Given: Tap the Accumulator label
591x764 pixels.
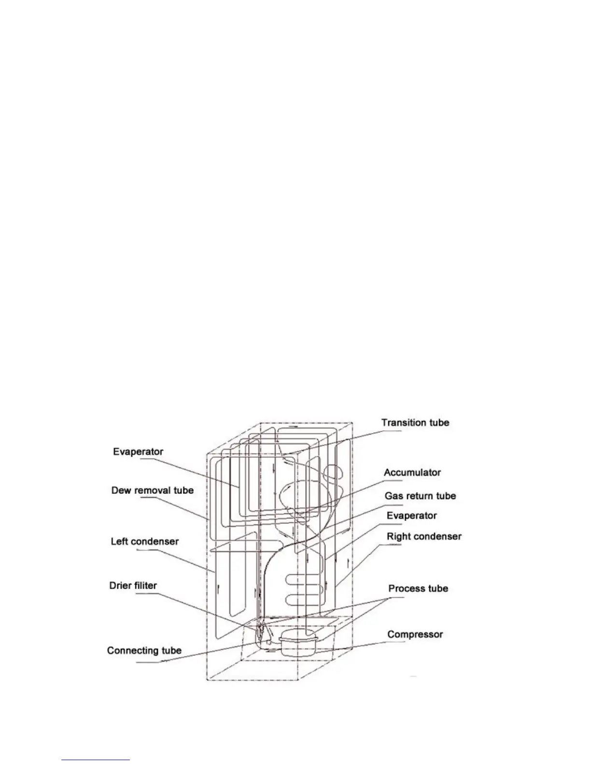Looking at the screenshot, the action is click(412, 473).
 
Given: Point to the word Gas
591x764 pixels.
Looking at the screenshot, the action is click(394, 496).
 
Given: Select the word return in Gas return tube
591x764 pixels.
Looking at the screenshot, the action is click(419, 496).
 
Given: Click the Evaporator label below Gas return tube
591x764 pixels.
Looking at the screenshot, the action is click(412, 516).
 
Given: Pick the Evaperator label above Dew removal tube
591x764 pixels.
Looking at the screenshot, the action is click(138, 452).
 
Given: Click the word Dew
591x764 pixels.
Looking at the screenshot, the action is click(121, 491).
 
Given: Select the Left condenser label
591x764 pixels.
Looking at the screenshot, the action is click(145, 542).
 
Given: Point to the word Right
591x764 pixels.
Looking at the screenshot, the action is click(398, 537).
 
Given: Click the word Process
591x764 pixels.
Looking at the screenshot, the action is click(405, 589).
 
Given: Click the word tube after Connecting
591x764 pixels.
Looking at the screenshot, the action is click(170, 651).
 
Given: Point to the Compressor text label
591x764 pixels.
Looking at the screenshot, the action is click(415, 634).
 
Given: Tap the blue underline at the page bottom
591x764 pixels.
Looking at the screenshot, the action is click(96, 760).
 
